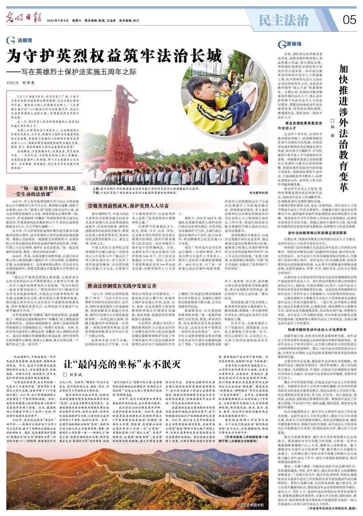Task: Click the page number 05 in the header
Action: click(349, 20)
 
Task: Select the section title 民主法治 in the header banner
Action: click(283, 21)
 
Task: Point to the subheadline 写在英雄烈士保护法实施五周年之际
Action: click(74, 72)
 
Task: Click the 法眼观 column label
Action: click(25, 40)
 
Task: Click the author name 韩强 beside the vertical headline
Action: click(332, 128)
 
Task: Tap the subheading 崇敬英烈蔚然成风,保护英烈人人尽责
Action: click(128, 206)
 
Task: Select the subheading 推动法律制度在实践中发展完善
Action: click(122, 286)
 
